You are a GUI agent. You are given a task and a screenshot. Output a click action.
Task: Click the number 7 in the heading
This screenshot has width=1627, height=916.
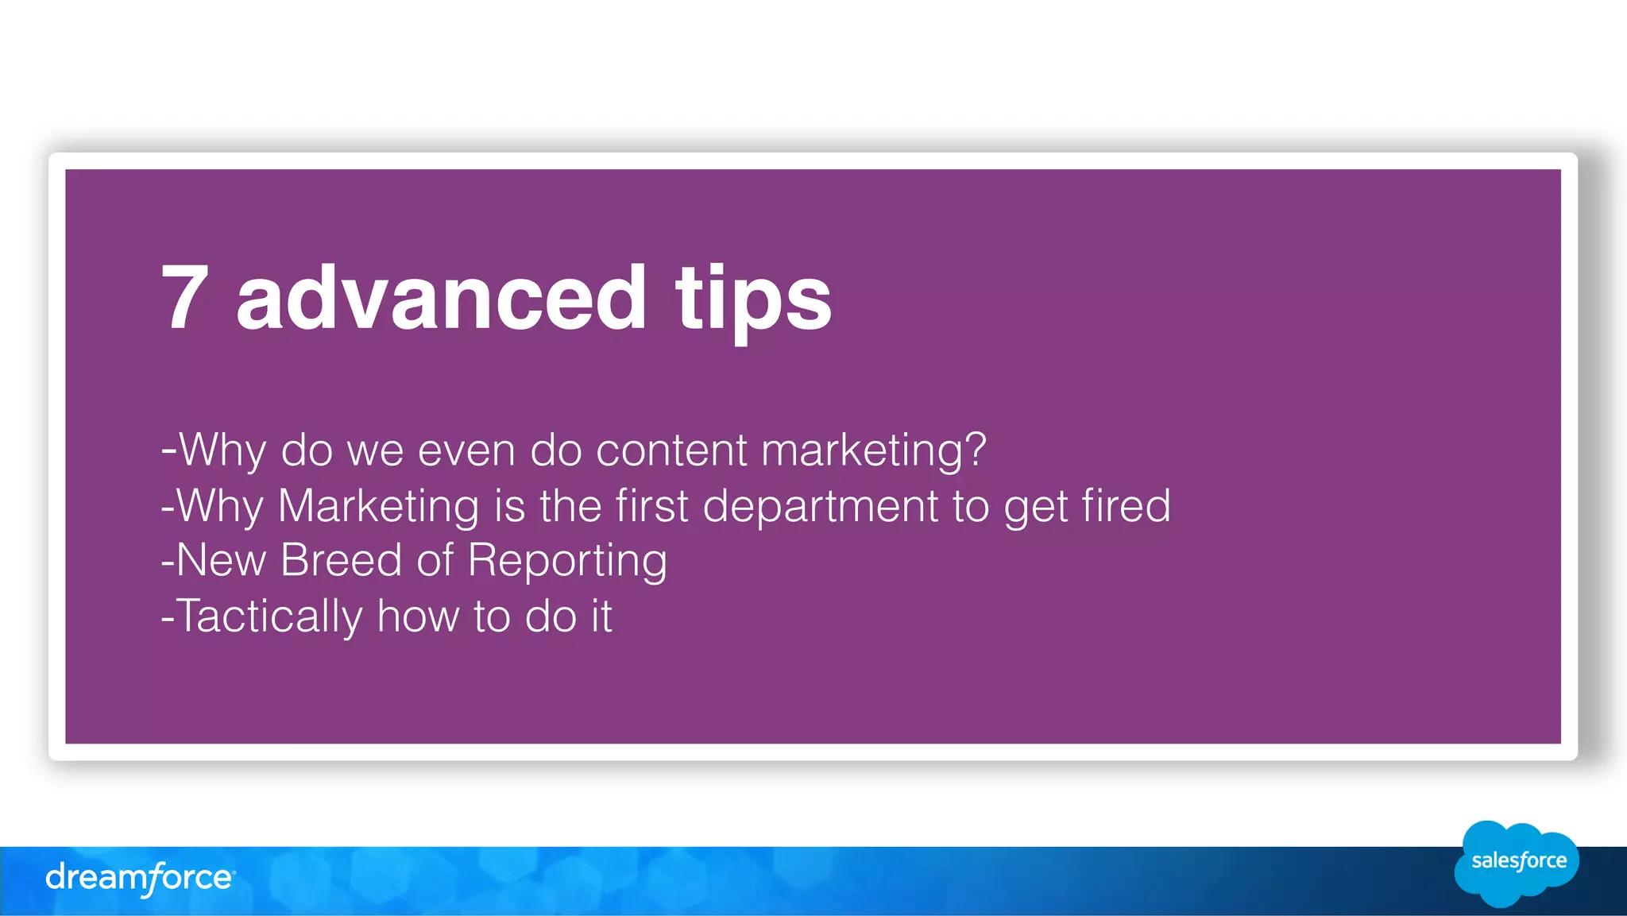pos(185,297)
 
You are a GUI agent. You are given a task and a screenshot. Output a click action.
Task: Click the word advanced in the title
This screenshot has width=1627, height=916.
pos(441,297)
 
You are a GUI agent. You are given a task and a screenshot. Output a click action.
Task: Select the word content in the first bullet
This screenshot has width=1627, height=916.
pos(671,450)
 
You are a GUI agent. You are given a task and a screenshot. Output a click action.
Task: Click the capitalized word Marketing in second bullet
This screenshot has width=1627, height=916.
pos(378,506)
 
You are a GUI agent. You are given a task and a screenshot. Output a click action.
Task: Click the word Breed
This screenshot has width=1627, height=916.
pos(342,560)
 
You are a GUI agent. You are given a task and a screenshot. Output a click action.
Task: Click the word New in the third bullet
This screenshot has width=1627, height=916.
pos(221,560)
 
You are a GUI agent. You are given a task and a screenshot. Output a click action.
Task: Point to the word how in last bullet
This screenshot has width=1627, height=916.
pos(418,616)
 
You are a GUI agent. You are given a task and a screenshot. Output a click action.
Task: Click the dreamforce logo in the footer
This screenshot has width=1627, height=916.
pos(140,878)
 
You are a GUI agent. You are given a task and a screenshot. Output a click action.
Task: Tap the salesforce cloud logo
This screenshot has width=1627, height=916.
pos(1517,863)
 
